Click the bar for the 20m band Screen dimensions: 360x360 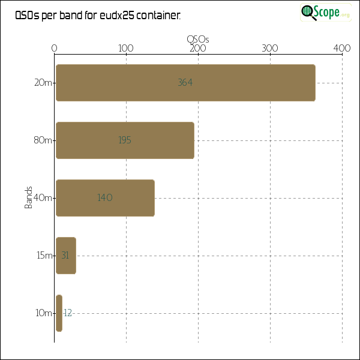[x=185, y=83]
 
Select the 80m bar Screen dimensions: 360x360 [x=125, y=140]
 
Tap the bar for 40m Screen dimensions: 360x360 [x=105, y=198]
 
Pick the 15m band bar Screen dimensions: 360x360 [x=66, y=256]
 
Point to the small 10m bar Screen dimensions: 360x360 [x=59, y=313]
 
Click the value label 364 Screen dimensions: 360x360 [x=185, y=83]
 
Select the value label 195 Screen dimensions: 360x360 [x=125, y=140]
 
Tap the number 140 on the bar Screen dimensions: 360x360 [x=105, y=198]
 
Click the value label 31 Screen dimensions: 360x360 [x=65, y=256]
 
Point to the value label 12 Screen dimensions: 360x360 [x=68, y=313]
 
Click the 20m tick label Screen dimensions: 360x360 [x=43, y=83]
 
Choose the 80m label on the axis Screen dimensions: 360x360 [x=43, y=140]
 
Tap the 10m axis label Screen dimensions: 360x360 [x=44, y=313]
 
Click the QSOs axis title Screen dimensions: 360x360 [x=198, y=39]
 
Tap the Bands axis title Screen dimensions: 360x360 [x=28, y=198]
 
